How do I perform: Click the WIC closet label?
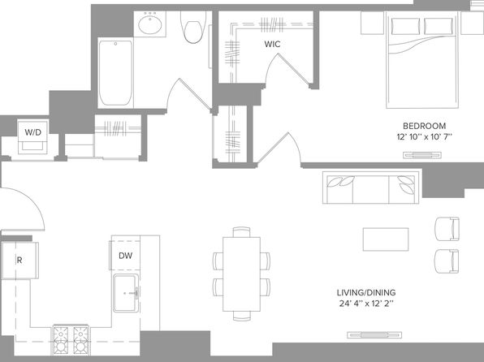tap(272, 44)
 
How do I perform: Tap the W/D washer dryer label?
tap(33, 132)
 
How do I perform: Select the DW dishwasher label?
tap(126, 256)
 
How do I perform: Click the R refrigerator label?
tap(19, 261)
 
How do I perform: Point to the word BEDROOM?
tap(424, 126)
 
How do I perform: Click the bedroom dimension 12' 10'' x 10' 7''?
tap(424, 136)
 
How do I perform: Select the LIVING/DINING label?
tap(365, 292)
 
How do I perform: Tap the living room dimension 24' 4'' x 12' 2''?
tap(365, 304)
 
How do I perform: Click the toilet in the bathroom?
tap(193, 27)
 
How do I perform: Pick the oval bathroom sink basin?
tap(150, 24)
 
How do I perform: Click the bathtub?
tap(116, 73)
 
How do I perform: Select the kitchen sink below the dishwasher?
tap(126, 293)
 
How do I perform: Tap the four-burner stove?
tap(71, 340)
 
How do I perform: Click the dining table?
tap(241, 274)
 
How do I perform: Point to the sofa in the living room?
tap(371, 187)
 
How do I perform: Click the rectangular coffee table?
tap(386, 239)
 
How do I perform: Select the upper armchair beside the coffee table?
tap(447, 229)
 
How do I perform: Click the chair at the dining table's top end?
tap(241, 232)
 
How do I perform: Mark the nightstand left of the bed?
tap(372, 23)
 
